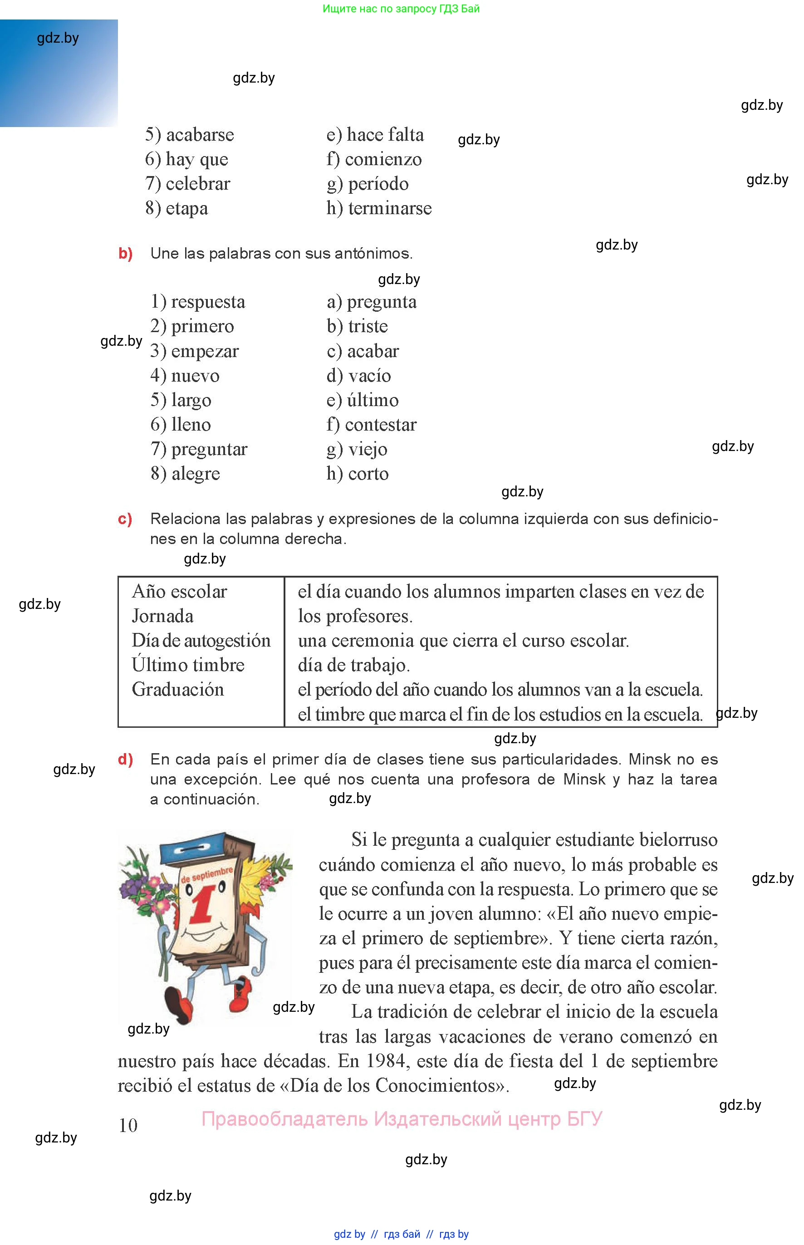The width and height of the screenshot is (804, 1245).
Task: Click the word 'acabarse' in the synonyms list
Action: tap(200, 135)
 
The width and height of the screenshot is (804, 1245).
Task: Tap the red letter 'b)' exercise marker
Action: tap(125, 254)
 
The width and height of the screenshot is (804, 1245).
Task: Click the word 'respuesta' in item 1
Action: tap(208, 302)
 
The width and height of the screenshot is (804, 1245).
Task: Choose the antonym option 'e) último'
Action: tap(363, 400)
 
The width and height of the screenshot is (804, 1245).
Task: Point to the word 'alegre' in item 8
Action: tap(195, 474)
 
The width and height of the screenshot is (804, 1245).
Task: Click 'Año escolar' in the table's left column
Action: tap(179, 592)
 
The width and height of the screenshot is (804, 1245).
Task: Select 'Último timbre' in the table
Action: tap(188, 665)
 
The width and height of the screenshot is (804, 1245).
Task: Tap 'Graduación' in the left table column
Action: tap(177, 690)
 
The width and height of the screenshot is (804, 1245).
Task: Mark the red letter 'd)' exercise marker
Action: tap(125, 760)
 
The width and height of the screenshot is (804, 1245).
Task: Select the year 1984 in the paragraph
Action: tap(385, 1061)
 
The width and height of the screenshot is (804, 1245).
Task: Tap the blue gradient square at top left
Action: tap(59, 73)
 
